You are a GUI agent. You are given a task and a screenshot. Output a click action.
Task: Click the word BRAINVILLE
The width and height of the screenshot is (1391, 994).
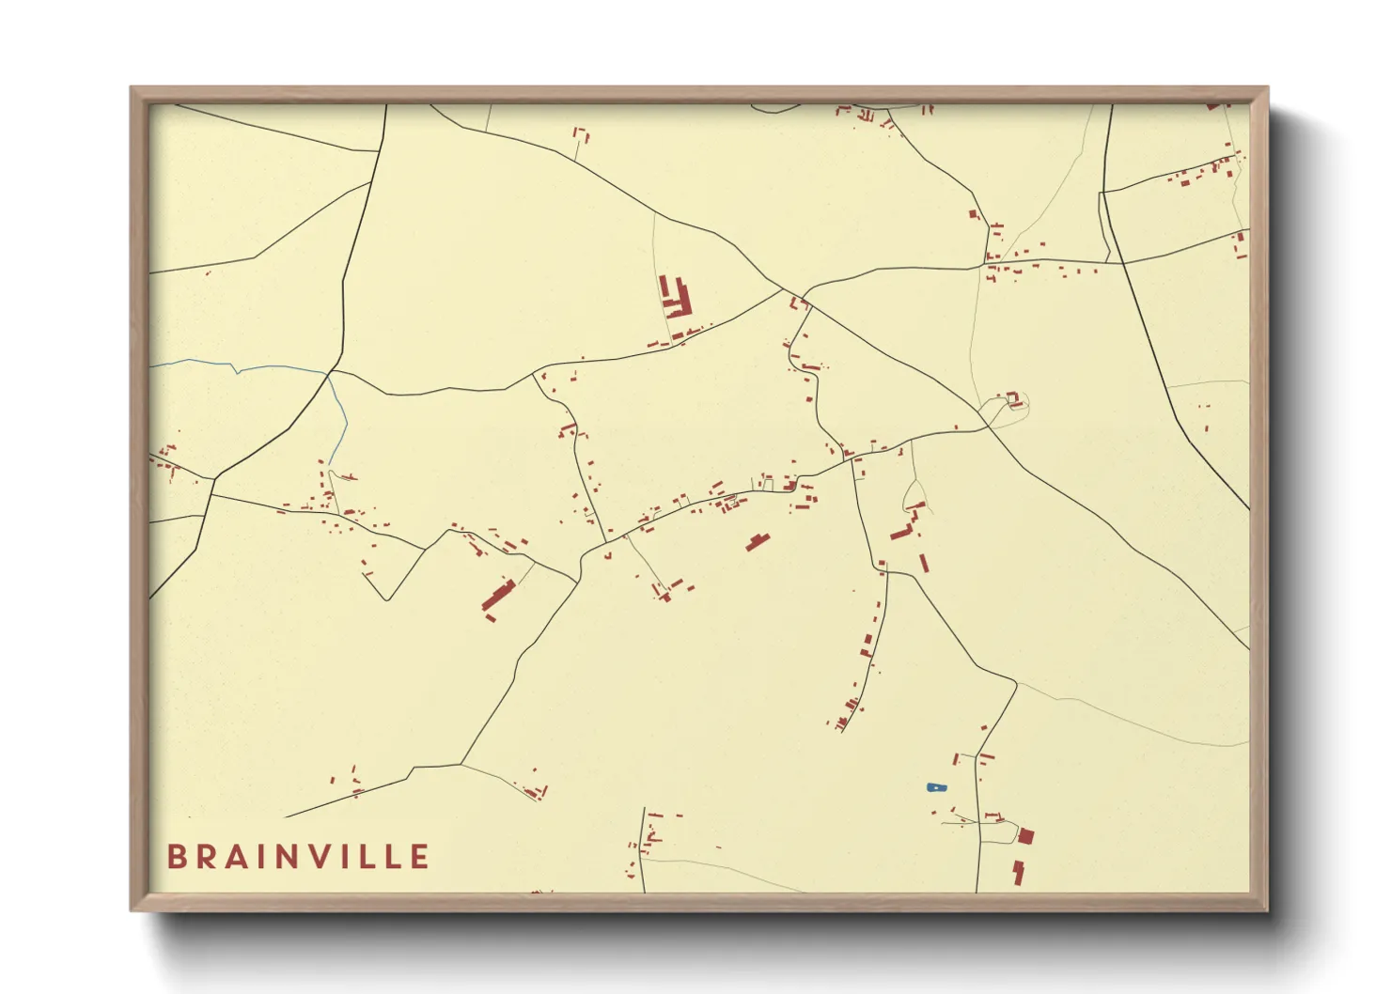click(298, 857)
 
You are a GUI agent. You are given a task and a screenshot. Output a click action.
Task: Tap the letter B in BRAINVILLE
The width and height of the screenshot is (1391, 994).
click(176, 857)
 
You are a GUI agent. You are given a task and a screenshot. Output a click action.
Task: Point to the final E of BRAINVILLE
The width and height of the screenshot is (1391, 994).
click(420, 857)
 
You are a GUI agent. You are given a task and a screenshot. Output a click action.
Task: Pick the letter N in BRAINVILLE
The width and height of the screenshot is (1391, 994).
click(292, 857)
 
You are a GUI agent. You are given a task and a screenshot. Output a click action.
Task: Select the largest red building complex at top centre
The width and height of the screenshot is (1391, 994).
click(675, 298)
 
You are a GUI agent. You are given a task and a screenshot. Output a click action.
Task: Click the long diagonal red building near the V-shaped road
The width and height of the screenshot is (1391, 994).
click(498, 597)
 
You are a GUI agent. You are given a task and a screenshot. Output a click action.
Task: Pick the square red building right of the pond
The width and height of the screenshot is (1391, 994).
click(1025, 836)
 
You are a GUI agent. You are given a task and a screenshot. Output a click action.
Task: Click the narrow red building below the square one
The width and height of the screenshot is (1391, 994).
click(1018, 872)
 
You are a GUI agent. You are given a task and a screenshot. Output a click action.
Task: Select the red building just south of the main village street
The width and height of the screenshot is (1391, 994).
click(757, 541)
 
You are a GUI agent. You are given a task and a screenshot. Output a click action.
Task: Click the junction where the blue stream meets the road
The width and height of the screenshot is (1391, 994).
click(328, 373)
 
